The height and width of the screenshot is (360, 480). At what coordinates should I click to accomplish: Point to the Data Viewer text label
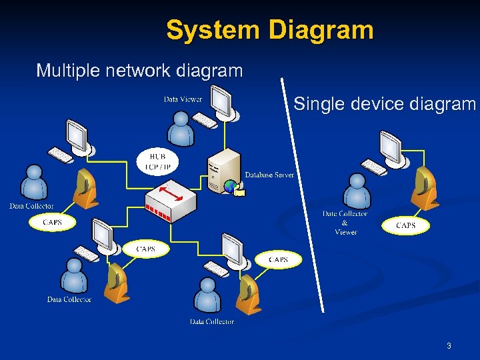[183, 99]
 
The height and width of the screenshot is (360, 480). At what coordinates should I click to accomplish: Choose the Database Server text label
[269, 175]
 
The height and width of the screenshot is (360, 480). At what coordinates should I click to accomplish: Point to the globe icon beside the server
[231, 187]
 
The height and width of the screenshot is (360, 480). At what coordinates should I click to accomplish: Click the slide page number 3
[449, 346]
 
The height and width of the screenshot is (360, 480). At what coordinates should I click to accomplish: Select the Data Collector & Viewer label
[345, 223]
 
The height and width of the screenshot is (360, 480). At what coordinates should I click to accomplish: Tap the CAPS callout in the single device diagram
[405, 225]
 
